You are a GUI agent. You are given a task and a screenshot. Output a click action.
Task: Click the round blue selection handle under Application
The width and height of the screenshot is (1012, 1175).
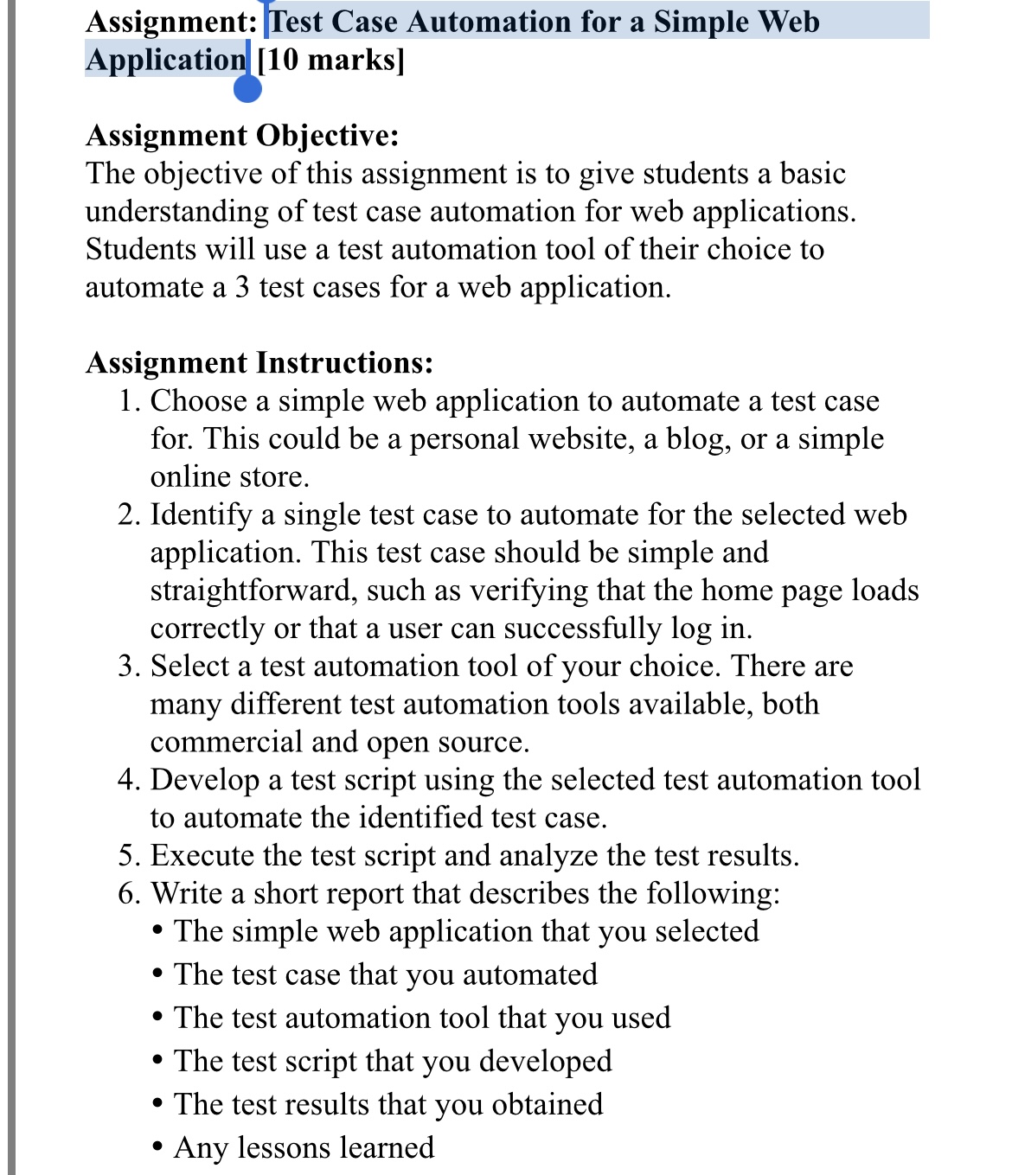(x=247, y=88)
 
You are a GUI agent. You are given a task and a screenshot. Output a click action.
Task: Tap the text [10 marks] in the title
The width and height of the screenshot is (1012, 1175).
(x=330, y=61)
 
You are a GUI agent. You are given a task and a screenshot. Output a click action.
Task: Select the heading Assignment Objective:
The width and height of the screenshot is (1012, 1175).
(x=242, y=136)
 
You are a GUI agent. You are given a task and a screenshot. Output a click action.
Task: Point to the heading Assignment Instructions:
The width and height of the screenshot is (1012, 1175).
(x=259, y=363)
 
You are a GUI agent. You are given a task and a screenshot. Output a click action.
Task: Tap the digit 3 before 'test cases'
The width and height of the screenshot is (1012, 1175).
(x=242, y=287)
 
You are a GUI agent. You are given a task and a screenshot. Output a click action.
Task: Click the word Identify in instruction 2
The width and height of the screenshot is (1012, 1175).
(x=201, y=515)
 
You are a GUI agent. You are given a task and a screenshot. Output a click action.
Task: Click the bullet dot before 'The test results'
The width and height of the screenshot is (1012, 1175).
(x=157, y=1105)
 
